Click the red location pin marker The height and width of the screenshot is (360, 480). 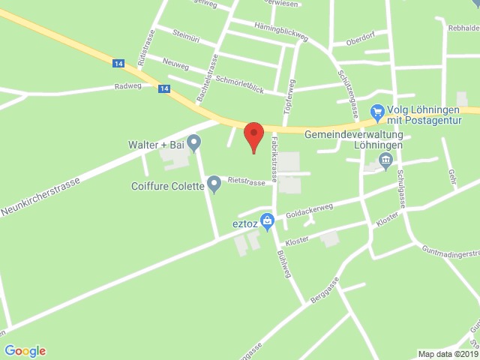254,136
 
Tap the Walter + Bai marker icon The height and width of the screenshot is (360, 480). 193,141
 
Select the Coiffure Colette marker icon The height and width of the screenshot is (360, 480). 214,182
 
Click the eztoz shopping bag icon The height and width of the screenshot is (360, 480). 267,223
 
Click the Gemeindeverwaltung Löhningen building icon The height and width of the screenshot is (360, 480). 386,158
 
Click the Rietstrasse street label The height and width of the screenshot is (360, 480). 246,182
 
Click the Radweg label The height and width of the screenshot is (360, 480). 127,86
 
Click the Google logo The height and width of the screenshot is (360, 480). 25,350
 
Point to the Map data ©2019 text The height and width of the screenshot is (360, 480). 446,354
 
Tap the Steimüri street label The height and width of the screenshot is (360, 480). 184,35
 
